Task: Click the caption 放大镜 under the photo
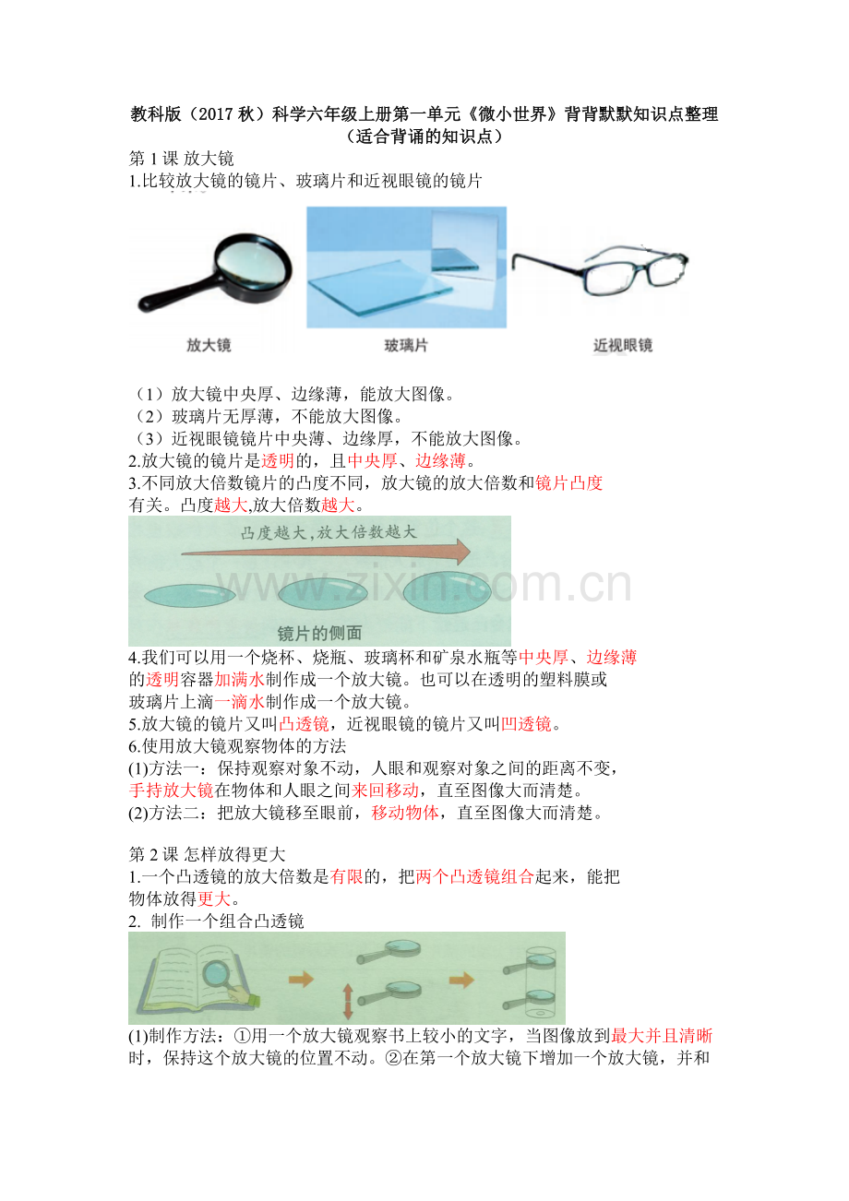tap(209, 345)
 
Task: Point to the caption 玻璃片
tap(406, 346)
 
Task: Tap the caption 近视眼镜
tap(622, 345)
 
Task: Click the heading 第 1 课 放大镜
tap(181, 159)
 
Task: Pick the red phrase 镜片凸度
tap(568, 483)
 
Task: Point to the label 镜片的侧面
tap(319, 633)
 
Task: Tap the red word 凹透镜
tap(525, 724)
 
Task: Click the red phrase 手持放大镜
tap(171, 791)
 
